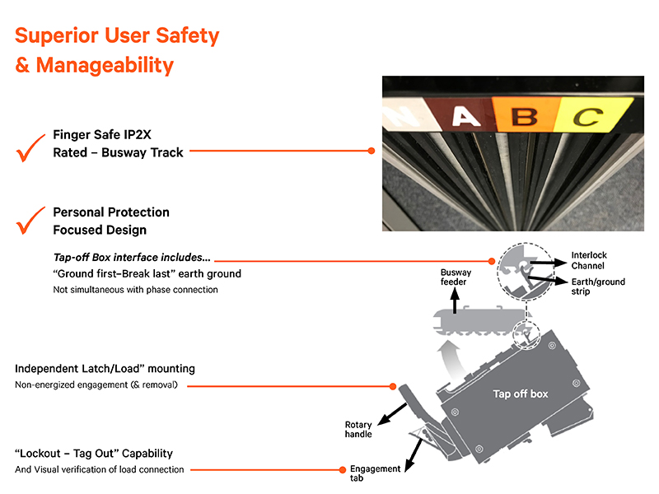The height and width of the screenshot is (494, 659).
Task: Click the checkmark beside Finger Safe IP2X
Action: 30,151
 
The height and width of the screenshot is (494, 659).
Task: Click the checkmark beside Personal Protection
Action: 30,221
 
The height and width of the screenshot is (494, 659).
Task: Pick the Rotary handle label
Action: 358,430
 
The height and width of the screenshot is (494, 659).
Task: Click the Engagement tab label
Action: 376,473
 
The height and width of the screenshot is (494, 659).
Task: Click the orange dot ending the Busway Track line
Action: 372,151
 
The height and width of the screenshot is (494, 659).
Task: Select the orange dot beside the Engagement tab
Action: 341,470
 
